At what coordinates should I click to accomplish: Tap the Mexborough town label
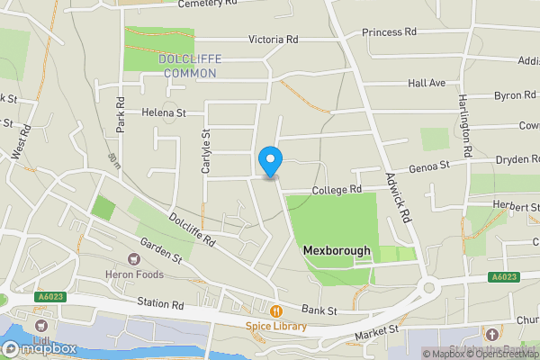pyautogui.click(x=337, y=251)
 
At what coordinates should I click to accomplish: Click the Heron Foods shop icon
pyautogui.click(x=137, y=259)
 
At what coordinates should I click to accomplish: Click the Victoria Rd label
pyautogui.click(x=272, y=40)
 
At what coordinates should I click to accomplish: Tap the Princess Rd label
pyautogui.click(x=390, y=32)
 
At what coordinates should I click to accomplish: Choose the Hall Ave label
pyautogui.click(x=427, y=83)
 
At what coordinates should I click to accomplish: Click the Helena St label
pyautogui.click(x=163, y=113)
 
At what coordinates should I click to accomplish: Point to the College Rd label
pyautogui.click(x=337, y=190)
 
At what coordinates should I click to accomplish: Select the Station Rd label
pyautogui.click(x=160, y=305)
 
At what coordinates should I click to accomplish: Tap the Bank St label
pyautogui.click(x=319, y=310)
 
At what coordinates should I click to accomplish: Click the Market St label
pyautogui.click(x=379, y=332)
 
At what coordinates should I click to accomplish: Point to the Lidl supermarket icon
pyautogui.click(x=40, y=325)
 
